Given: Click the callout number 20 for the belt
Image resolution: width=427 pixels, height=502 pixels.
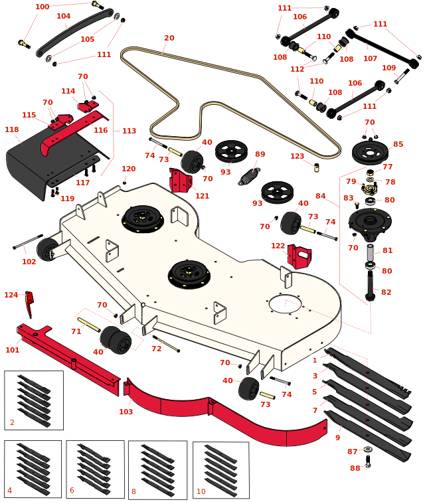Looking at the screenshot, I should coord(169,38).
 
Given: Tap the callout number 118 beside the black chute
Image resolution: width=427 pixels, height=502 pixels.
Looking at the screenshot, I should coord(11,130).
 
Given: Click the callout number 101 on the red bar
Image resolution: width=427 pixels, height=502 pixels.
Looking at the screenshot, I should coord(13,350).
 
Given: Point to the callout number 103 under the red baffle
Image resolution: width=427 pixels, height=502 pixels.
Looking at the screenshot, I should coord(126,412).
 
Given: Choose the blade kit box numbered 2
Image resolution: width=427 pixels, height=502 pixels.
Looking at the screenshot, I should coord(34,400).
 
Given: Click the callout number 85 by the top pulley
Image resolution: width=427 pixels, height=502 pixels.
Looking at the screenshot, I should coord(398,144).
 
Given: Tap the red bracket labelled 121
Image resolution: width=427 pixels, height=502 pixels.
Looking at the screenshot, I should coord(180,181).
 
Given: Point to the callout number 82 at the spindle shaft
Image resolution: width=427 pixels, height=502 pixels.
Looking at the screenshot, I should coord(386,292).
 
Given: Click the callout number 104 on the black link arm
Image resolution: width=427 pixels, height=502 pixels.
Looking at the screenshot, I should coord(63,16).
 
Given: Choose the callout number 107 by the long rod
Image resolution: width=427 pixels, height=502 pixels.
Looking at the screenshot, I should coord(370,58).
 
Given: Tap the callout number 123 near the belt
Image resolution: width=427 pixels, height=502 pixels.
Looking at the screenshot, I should coord(297,157).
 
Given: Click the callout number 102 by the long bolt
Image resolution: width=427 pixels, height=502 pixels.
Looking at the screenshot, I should coord(29,262).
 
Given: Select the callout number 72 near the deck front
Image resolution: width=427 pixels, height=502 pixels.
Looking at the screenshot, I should coord(156,349).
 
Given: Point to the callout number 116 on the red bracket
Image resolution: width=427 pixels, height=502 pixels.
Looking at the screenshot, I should coord(100,131).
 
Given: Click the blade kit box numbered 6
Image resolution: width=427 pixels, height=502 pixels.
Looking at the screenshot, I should coord(95,469).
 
